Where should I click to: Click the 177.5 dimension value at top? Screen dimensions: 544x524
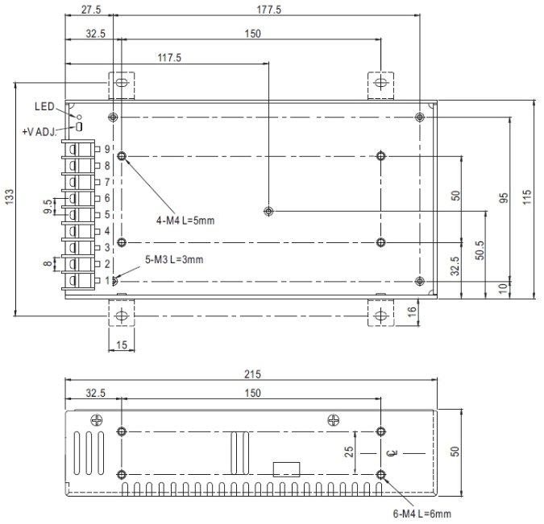(268, 10)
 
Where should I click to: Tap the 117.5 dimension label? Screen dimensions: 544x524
(169, 57)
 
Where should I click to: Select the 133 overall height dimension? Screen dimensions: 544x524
(9, 196)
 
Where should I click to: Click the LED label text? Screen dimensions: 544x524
(44, 106)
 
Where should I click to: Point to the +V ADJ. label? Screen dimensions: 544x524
(39, 132)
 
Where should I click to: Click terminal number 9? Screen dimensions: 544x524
(107, 149)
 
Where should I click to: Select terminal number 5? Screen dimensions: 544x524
(107, 215)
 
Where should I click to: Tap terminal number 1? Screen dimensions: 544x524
(107, 280)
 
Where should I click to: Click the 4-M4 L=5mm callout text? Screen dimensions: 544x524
(185, 221)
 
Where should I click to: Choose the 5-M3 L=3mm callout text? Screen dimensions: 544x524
(174, 259)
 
